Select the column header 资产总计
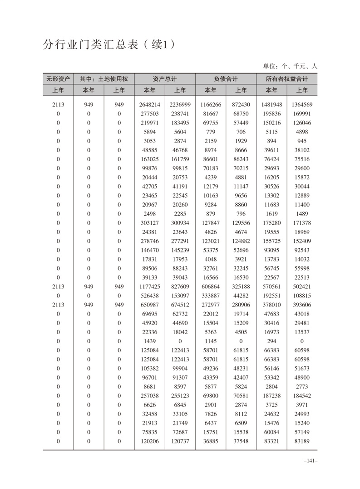[x=165, y=79]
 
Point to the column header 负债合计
[x=226, y=79]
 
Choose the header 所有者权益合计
[x=286, y=79]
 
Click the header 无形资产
[x=58, y=79]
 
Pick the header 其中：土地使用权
[x=104, y=79]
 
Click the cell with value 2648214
[x=150, y=104]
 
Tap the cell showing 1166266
[x=211, y=104]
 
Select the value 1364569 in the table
[x=302, y=104]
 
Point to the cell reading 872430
[x=241, y=104]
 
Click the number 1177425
[x=150, y=286]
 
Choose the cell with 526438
[x=150, y=296]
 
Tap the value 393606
[x=302, y=305]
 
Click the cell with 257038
[x=150, y=395]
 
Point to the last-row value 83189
[x=302, y=441]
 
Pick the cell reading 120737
[x=180, y=441]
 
